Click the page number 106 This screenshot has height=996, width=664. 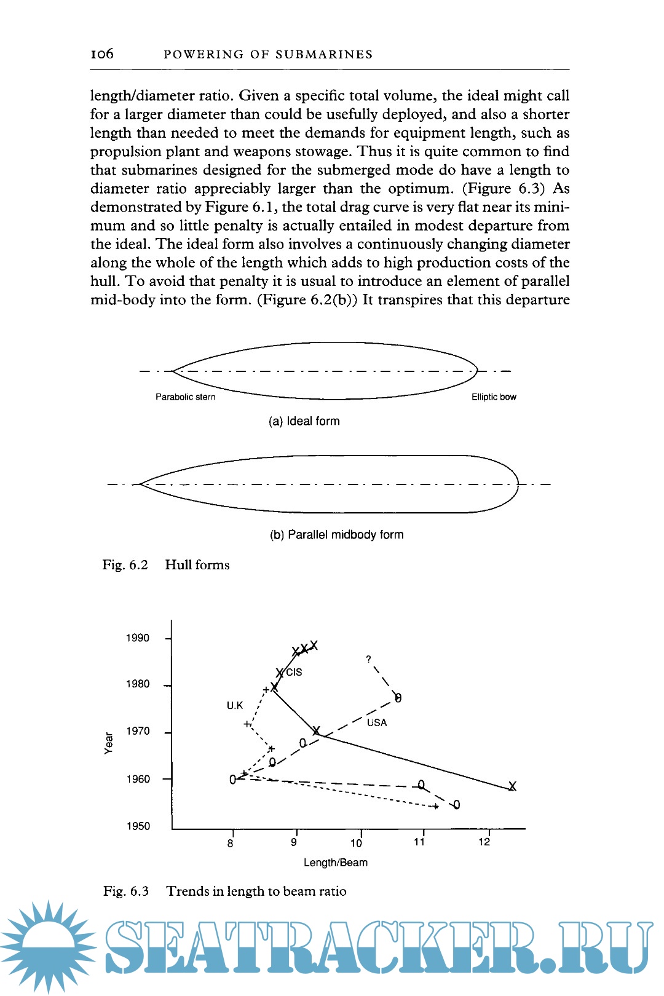pyautogui.click(x=102, y=54)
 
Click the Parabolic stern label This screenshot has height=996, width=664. pyautogui.click(x=185, y=397)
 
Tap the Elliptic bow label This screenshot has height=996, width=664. pyautogui.click(x=494, y=397)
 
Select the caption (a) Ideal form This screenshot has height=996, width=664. pyautogui.click(x=304, y=421)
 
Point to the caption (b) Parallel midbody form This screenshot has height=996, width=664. pyautogui.click(x=336, y=535)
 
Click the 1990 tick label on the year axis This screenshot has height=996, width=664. pyautogui.click(x=138, y=638)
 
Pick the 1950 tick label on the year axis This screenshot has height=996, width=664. pyautogui.click(x=138, y=826)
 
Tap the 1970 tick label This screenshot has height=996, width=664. pyautogui.click(x=138, y=732)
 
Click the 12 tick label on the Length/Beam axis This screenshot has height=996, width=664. pyautogui.click(x=484, y=842)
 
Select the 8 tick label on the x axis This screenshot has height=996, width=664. pyautogui.click(x=231, y=844)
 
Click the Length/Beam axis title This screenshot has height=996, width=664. pyautogui.click(x=336, y=863)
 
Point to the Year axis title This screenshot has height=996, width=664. pyautogui.click(x=109, y=743)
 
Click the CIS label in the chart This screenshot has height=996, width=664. pyautogui.click(x=294, y=673)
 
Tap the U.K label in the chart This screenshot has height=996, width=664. pyautogui.click(x=235, y=706)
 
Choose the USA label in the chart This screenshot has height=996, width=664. pyautogui.click(x=377, y=723)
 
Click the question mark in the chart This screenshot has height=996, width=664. pyautogui.click(x=368, y=659)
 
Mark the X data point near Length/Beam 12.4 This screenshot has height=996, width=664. pyautogui.click(x=512, y=786)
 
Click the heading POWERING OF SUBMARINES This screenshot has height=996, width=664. pyautogui.click(x=268, y=55)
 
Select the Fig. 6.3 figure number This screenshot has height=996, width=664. pyautogui.click(x=126, y=891)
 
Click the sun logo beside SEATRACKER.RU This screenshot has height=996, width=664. pyautogui.click(x=48, y=947)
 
